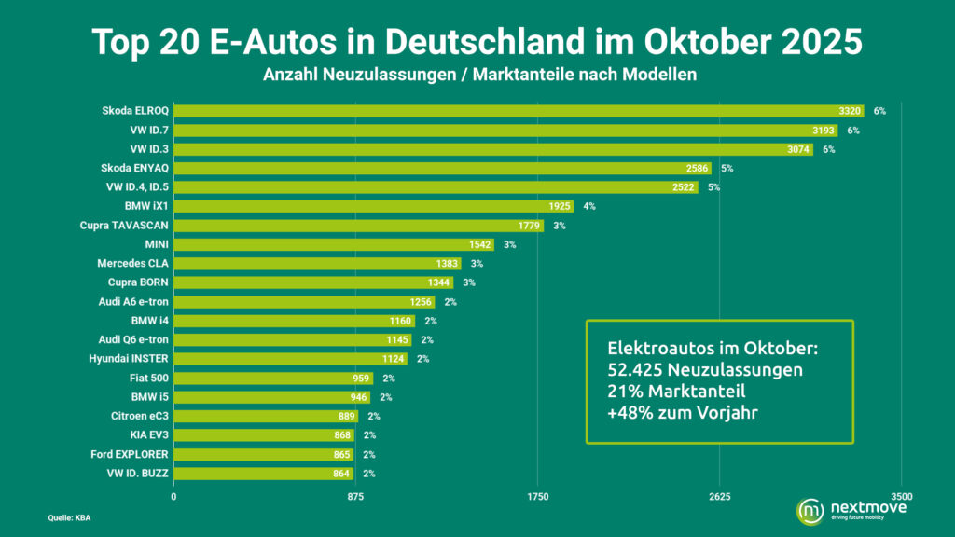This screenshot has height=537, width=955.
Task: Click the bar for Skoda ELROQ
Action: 519,111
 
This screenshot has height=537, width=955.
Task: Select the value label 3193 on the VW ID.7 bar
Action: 824,131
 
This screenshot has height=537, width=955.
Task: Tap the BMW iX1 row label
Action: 146,206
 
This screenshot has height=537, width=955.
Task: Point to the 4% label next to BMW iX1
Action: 589,206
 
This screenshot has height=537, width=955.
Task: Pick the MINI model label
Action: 156,244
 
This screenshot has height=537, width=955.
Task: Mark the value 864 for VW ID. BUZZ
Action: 340,474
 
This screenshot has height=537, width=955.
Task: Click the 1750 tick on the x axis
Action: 537,497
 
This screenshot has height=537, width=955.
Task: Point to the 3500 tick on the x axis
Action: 900,497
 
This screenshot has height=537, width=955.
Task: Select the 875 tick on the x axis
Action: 355,497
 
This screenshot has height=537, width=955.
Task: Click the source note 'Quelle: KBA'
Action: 70,517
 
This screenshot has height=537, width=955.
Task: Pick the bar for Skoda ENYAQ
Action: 442,169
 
